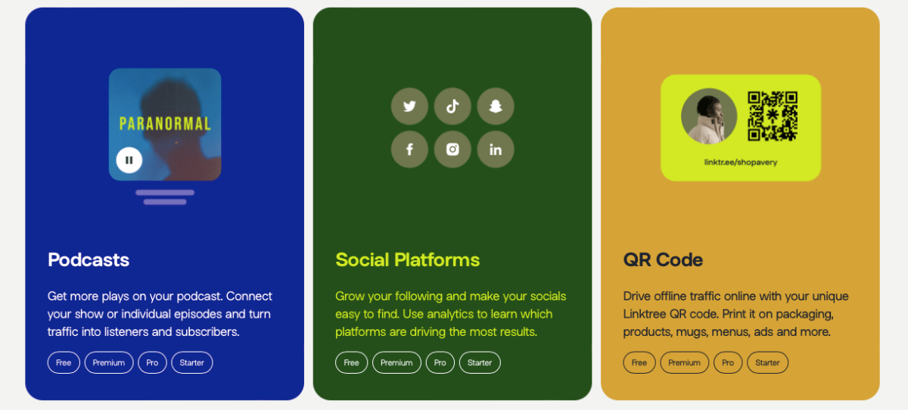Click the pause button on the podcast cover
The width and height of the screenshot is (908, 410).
click(x=129, y=160)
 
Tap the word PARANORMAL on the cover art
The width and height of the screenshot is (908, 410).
click(x=165, y=123)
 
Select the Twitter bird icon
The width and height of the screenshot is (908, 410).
click(x=409, y=107)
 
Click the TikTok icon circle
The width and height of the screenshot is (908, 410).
click(x=452, y=107)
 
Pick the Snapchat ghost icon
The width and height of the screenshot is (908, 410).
click(x=496, y=107)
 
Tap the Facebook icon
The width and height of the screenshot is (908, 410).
click(x=409, y=149)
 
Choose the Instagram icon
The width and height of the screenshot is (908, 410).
click(x=452, y=149)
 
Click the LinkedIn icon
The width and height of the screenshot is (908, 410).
click(x=496, y=149)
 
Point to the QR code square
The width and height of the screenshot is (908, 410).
click(x=773, y=116)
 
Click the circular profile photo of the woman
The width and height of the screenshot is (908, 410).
click(x=709, y=116)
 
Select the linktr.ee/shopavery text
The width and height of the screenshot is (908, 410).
click(x=741, y=162)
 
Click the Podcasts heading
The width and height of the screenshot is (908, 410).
click(x=89, y=260)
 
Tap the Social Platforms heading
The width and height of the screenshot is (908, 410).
click(x=407, y=260)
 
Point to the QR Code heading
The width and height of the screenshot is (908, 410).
click(x=663, y=260)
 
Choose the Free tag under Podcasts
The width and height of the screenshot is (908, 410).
click(x=64, y=362)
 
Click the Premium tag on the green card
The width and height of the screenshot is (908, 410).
click(x=396, y=362)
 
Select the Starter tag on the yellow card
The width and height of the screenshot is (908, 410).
click(x=767, y=362)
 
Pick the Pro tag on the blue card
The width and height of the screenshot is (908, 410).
click(x=152, y=362)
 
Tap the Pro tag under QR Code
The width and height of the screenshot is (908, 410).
click(x=728, y=362)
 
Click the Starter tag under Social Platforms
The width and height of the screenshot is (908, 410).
click(x=480, y=362)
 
